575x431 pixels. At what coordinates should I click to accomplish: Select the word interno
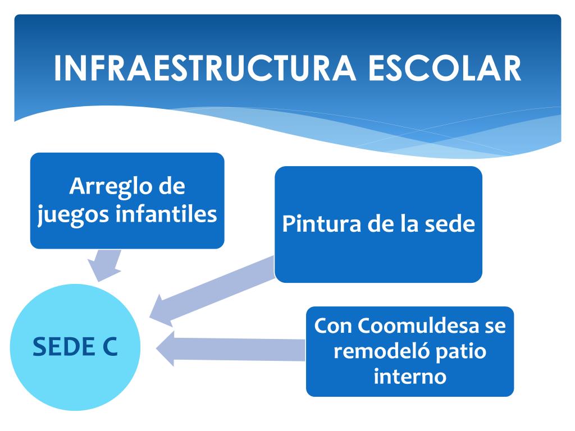409,376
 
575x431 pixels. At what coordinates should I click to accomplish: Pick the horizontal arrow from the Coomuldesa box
230,351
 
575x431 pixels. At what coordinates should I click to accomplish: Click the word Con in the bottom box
332,326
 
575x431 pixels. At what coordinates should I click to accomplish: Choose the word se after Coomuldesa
494,327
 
